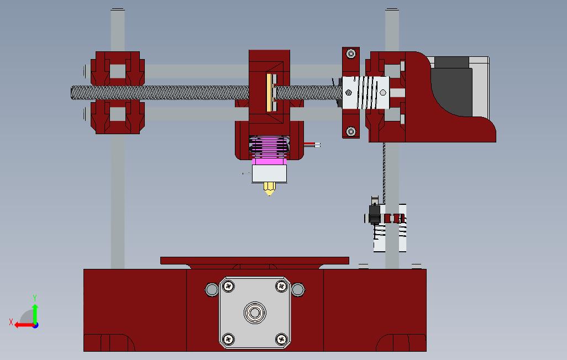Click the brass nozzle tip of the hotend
[x=269, y=189]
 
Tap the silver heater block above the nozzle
[x=269, y=173]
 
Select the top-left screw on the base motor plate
[x=228, y=287]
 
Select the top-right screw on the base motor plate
[x=281, y=287]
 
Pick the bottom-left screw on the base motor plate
[x=228, y=340]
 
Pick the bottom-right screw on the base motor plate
[x=281, y=340]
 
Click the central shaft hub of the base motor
[x=255, y=313]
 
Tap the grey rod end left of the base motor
[x=212, y=289]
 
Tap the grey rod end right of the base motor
[x=298, y=289]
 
